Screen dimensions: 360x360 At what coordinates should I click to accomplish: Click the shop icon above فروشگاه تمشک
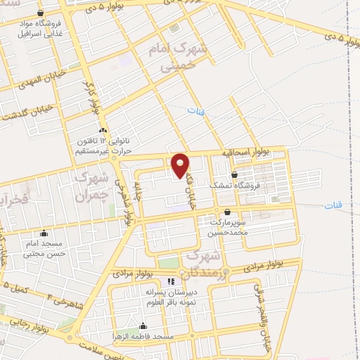point(234,175)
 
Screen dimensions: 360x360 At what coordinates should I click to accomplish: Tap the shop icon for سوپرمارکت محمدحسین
point(227,212)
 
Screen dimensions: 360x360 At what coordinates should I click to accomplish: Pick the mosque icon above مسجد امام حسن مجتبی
point(45,233)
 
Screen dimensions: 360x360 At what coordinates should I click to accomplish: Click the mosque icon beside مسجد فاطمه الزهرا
point(143,326)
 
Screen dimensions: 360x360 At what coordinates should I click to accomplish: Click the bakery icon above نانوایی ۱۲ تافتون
point(103,130)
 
